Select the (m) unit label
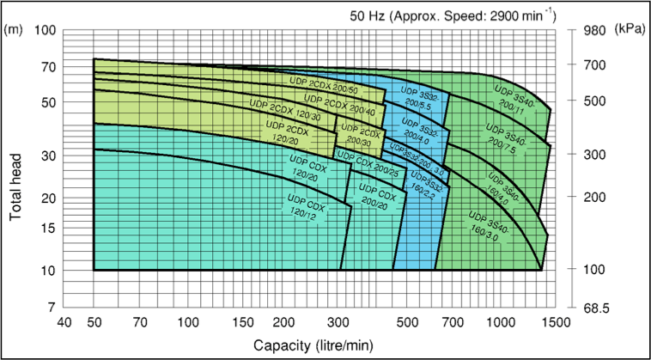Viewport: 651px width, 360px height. tap(14, 30)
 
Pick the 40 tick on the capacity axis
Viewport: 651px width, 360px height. tap(64, 322)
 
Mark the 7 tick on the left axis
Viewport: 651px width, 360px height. tap(50, 308)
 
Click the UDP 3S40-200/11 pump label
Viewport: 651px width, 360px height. tap(514, 99)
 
